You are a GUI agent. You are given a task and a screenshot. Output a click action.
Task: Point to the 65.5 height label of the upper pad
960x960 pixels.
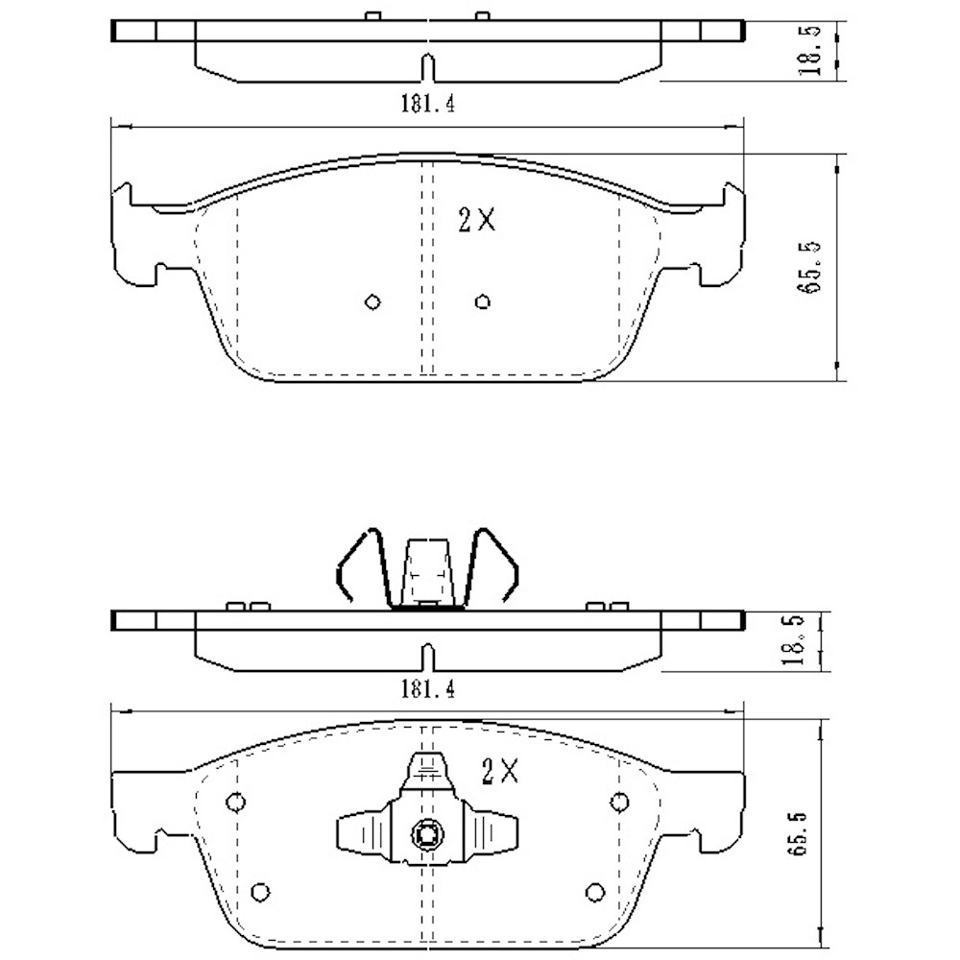coord(815,267)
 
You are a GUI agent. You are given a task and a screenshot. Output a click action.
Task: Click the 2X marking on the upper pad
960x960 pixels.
coord(476,221)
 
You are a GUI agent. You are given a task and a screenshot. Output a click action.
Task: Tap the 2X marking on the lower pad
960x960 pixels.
coord(499,770)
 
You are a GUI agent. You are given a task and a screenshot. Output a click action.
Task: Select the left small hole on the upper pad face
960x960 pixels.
coord(373,302)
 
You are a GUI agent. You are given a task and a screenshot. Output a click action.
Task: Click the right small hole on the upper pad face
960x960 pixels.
coord(483,302)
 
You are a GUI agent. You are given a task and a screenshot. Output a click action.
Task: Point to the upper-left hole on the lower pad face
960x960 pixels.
coord(235,802)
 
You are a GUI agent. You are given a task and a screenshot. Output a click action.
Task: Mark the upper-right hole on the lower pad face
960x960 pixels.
coord(620,802)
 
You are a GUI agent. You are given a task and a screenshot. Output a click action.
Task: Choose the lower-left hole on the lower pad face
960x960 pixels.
coord(258,892)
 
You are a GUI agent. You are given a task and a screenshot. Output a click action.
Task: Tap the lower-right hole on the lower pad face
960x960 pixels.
coord(595,892)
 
